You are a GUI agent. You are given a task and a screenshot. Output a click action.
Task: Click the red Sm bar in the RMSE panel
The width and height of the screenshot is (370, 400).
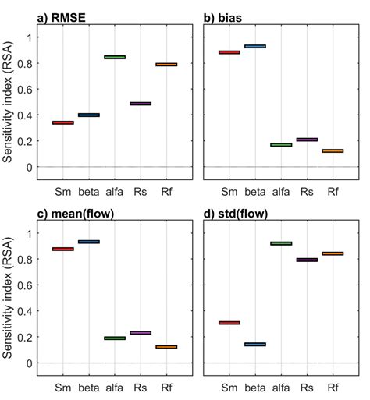(x=62, y=122)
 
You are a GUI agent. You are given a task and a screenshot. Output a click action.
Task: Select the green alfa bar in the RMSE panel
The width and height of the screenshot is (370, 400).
(x=115, y=57)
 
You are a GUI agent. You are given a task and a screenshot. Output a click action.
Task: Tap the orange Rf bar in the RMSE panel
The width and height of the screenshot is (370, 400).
(x=166, y=65)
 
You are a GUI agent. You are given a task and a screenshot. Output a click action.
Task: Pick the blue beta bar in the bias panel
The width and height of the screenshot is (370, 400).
(x=255, y=47)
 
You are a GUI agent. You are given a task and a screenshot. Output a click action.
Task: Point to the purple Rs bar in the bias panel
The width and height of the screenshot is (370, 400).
(x=307, y=140)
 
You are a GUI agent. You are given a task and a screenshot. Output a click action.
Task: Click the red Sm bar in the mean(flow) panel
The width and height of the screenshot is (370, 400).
(x=62, y=249)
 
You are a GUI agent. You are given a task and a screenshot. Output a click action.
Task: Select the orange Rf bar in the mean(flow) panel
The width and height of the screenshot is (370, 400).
(x=166, y=346)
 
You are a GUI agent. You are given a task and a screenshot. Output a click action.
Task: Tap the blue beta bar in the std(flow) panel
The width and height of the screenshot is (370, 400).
(x=255, y=344)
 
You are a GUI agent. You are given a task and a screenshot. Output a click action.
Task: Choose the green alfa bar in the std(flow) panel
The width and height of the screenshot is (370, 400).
(x=281, y=243)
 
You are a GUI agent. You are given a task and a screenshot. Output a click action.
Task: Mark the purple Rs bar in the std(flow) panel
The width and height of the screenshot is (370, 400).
(x=307, y=260)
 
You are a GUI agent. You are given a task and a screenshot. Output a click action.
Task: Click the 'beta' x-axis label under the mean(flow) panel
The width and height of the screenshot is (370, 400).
(x=88, y=388)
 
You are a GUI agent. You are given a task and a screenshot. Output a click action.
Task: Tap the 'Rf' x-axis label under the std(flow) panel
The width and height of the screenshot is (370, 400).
(x=333, y=388)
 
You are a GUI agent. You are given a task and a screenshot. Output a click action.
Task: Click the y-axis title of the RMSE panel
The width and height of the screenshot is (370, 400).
(x=8, y=102)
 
